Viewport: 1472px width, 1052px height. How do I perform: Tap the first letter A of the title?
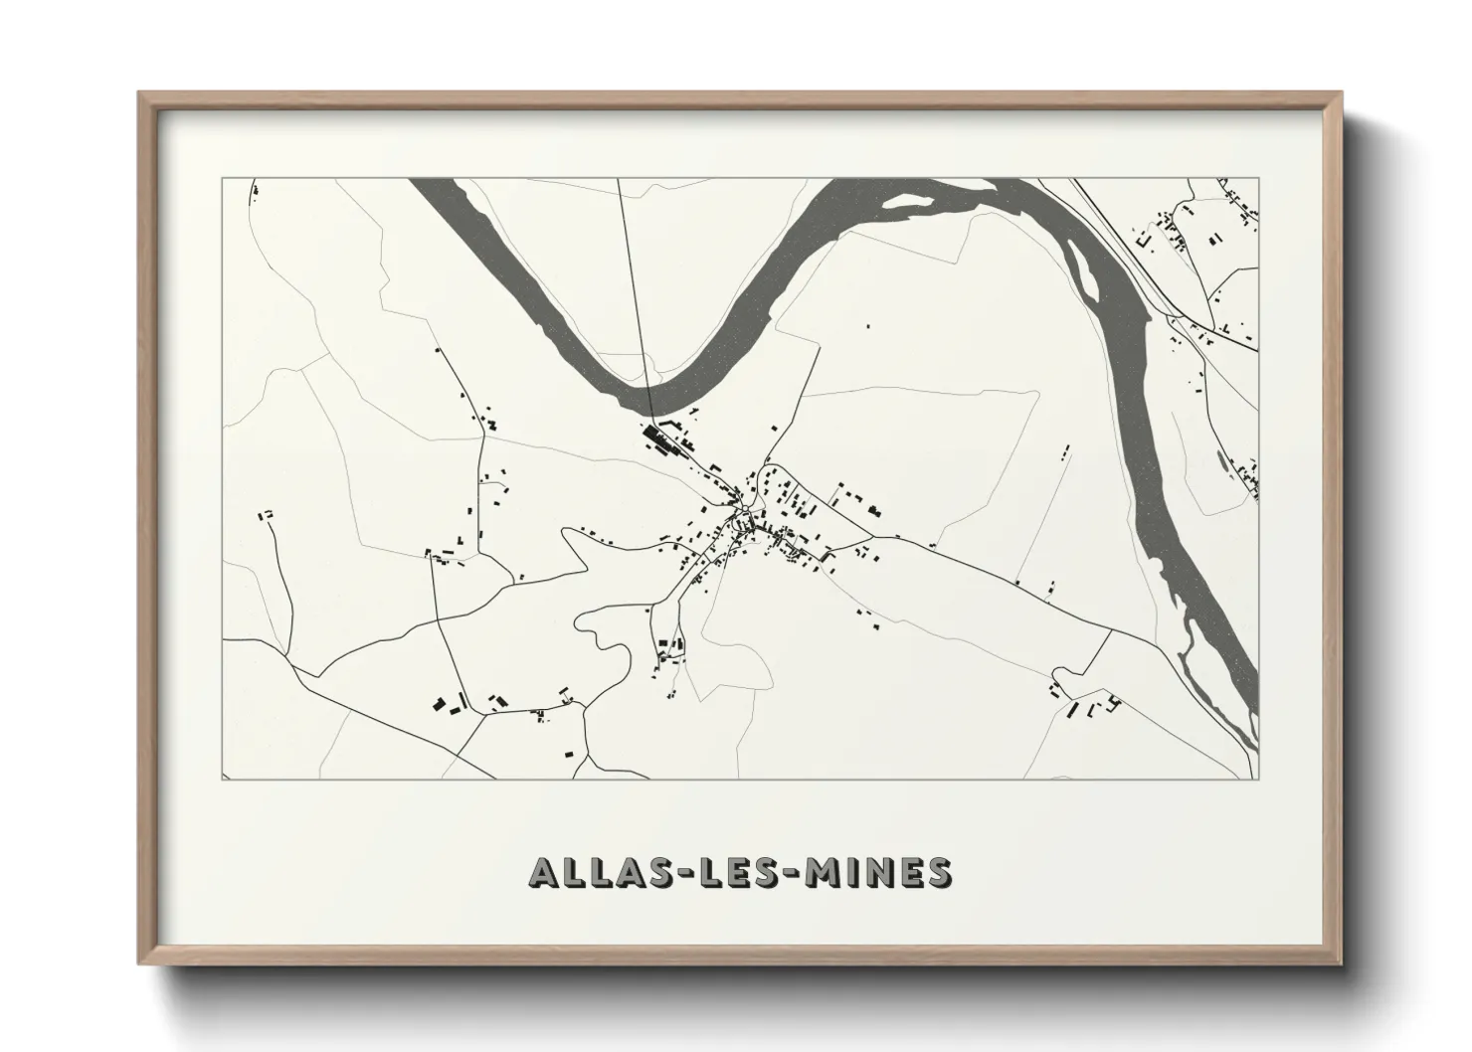(x=545, y=872)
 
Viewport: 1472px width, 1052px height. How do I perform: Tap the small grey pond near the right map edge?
(x=1221, y=459)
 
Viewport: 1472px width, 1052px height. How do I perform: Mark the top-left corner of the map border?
(x=222, y=179)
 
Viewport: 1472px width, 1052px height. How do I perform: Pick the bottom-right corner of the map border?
(x=1259, y=780)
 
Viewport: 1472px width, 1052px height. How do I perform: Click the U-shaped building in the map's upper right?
(x=1143, y=240)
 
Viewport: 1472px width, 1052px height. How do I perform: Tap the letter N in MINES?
(x=878, y=872)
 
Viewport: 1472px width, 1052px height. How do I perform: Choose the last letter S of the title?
(x=937, y=872)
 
